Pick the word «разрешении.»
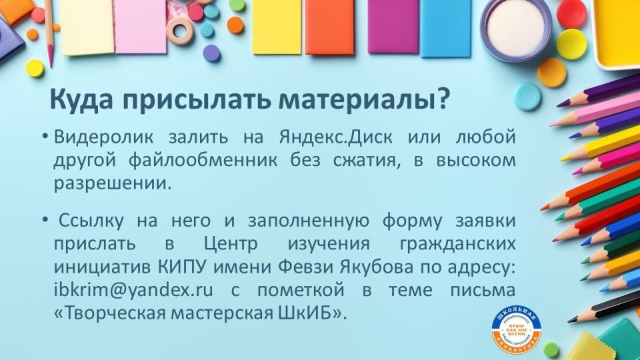(x=112, y=183)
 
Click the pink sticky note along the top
(x=141, y=25)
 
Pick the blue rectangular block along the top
(x=445, y=27)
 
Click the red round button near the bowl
(x=571, y=13)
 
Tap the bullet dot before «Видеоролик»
(x=45, y=137)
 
